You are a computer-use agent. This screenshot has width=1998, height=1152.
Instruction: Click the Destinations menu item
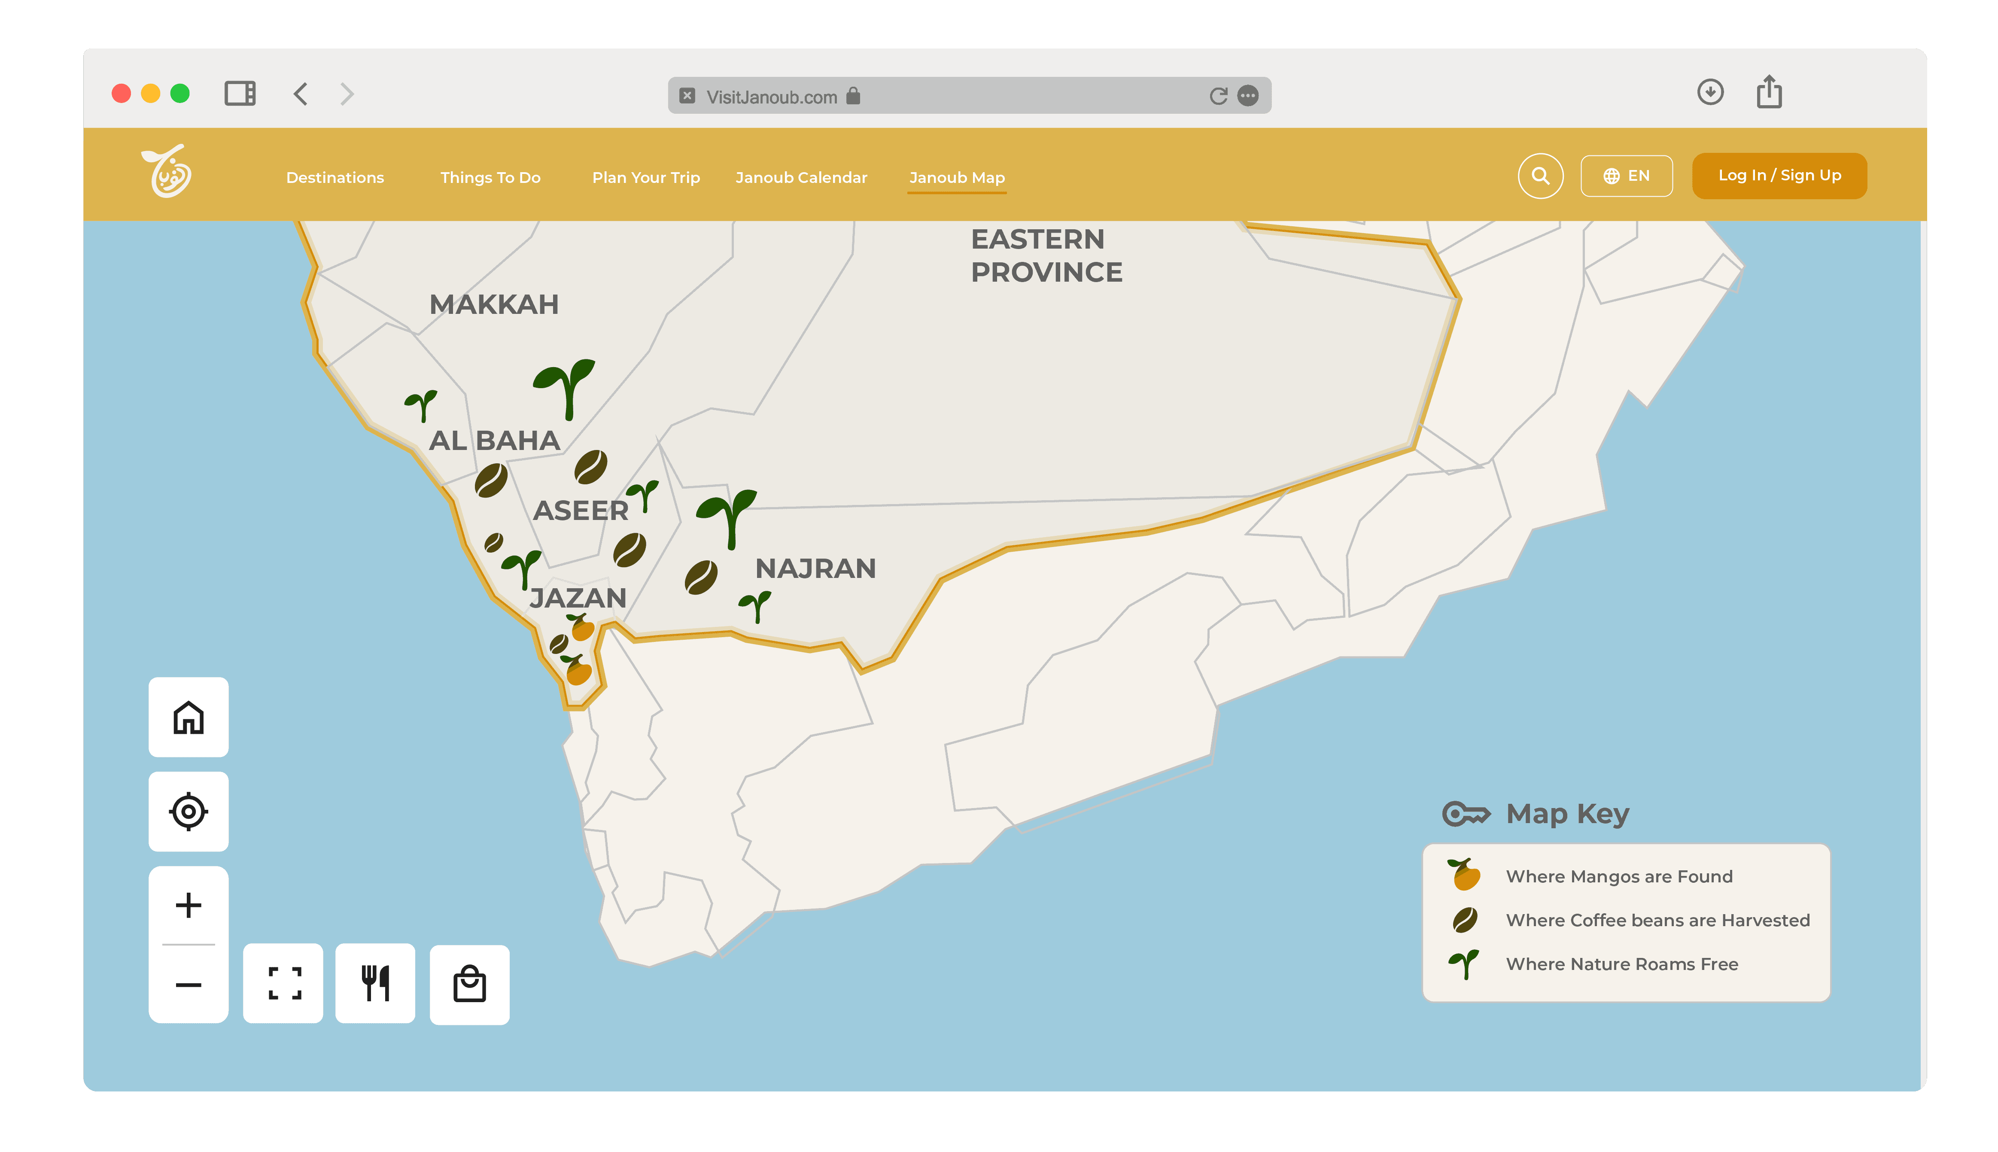(335, 177)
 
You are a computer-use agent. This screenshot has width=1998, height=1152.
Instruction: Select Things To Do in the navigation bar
(490, 177)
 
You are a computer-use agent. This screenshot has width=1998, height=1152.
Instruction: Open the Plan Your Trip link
(646, 177)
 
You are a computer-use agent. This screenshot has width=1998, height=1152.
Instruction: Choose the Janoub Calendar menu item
(801, 177)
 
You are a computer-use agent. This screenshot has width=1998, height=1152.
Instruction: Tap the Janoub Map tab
(957, 177)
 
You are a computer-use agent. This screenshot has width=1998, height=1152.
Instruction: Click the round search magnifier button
(1540, 176)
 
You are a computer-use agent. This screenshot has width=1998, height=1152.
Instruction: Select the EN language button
(1626, 176)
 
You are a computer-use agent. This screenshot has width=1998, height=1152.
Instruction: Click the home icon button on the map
(189, 717)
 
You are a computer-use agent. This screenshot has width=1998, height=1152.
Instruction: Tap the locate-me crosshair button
(189, 811)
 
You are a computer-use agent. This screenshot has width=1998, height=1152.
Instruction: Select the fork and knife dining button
(375, 984)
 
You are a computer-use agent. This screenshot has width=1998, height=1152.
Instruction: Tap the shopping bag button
(469, 984)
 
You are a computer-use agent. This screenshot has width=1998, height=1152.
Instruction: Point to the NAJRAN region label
(815, 568)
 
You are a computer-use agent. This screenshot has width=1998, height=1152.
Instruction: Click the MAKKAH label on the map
(494, 304)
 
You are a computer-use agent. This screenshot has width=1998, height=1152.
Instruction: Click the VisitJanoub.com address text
(772, 97)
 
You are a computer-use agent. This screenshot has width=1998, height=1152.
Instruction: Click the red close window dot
(121, 93)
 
